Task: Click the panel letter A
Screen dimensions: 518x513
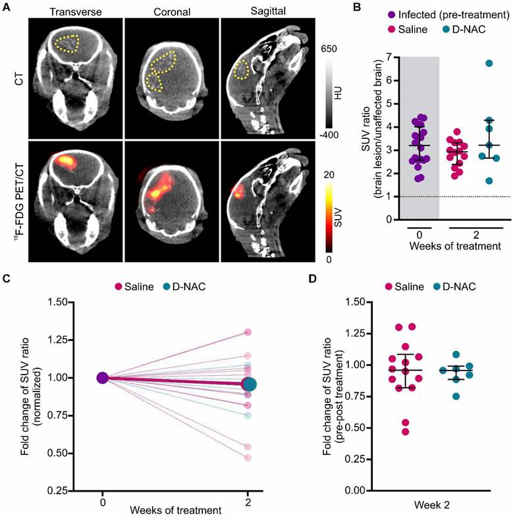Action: (x=6, y=9)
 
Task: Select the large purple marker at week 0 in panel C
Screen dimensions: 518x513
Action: (x=102, y=378)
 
